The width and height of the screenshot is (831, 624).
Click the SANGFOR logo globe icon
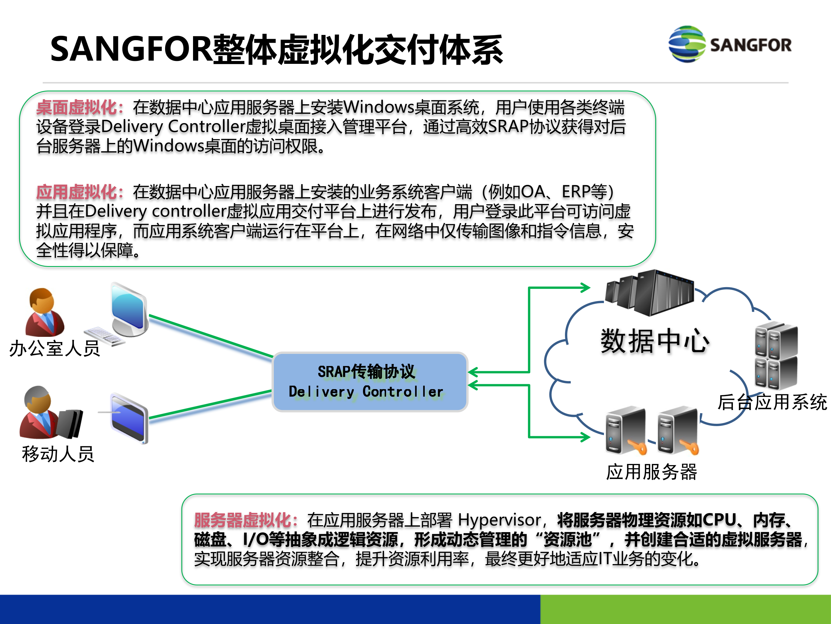coord(687,44)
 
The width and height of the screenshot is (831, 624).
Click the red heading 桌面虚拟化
coord(77,107)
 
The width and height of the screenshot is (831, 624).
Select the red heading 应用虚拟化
coord(77,192)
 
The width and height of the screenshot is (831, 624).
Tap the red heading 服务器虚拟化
coord(242,521)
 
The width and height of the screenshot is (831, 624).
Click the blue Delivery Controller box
coord(370,382)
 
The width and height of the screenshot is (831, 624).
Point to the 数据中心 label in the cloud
coord(654,341)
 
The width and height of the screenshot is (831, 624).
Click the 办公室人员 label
coord(55,348)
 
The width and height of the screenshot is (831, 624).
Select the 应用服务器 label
coord(652,472)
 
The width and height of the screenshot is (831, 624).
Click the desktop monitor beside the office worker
coord(129,310)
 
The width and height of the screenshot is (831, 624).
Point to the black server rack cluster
coord(650,293)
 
